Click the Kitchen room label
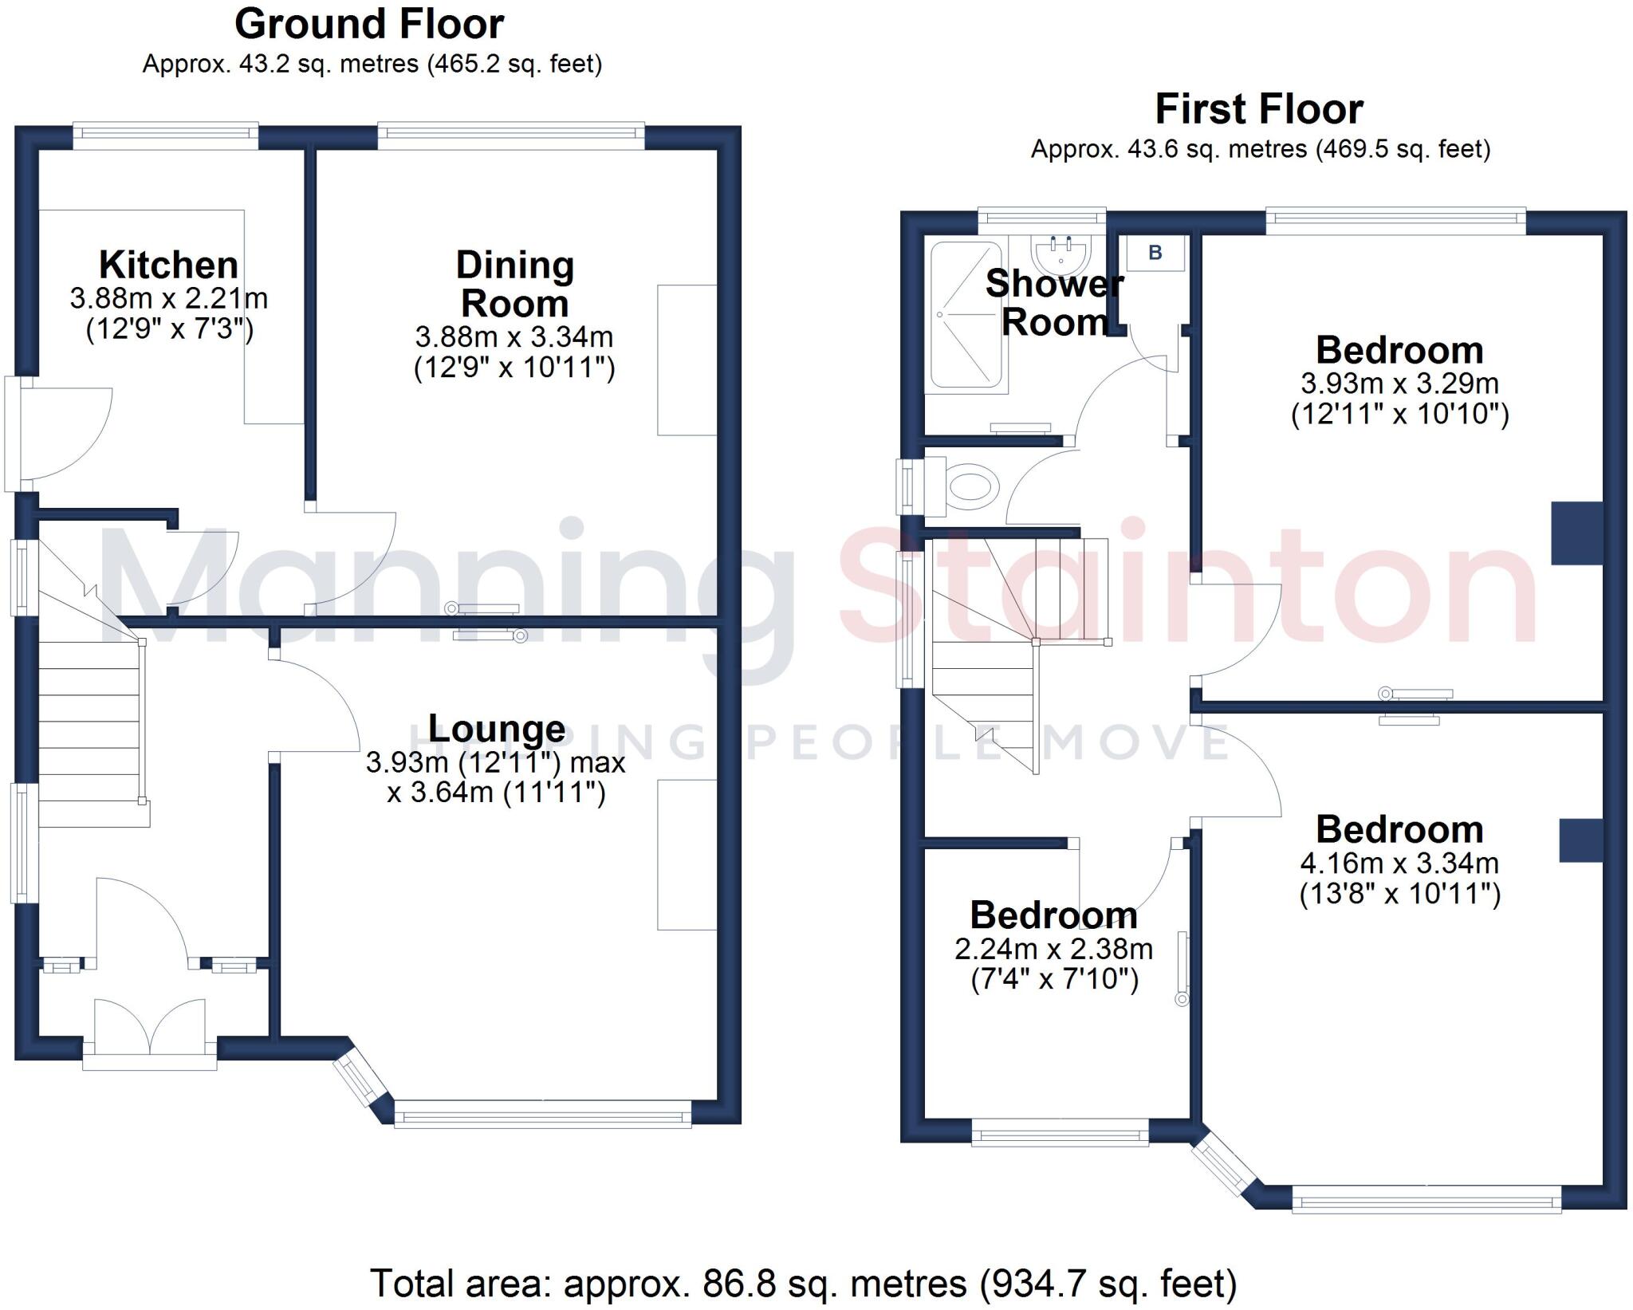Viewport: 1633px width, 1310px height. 168,265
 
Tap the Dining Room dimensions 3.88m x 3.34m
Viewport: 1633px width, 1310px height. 514,337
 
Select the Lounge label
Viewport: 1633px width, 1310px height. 497,728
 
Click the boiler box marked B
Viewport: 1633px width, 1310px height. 1155,254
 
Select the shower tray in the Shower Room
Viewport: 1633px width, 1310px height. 966,315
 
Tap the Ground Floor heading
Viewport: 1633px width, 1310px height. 369,24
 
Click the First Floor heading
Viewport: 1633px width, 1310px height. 1259,109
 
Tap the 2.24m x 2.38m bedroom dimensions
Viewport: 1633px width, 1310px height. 1053,949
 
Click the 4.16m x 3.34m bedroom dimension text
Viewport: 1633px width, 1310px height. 1399,863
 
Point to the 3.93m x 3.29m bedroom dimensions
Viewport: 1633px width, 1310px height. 1399,384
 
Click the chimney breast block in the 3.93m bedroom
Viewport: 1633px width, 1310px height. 1576,533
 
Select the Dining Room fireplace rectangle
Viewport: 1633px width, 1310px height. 687,360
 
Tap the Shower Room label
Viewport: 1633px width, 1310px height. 1054,303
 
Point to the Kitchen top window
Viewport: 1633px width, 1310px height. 166,136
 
